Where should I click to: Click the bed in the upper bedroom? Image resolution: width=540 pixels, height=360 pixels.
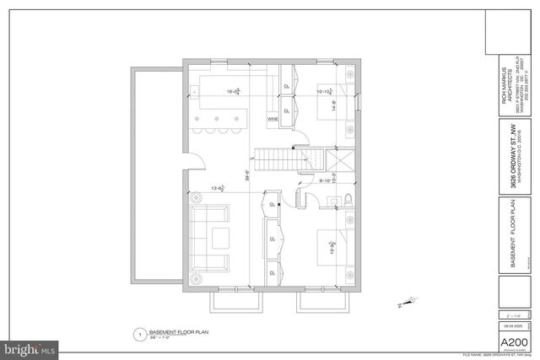pyautogui.click(x=332, y=106)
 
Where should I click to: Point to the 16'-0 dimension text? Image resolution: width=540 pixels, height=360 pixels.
pyautogui.click(x=232, y=91)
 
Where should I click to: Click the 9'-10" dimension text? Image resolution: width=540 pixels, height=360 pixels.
pyautogui.click(x=326, y=180)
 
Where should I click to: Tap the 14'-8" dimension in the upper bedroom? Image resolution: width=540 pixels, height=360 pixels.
pyautogui.click(x=335, y=107)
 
